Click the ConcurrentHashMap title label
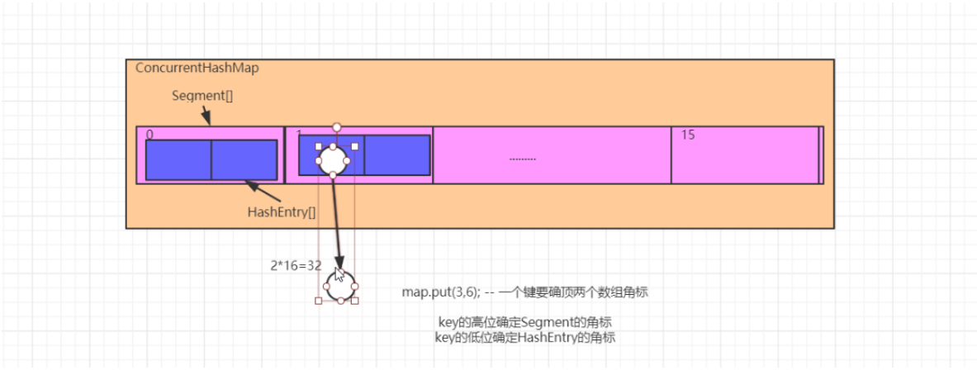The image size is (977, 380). click(197, 68)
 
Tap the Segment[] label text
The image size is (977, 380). click(202, 95)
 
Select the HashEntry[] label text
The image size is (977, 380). click(281, 211)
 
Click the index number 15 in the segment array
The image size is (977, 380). click(688, 135)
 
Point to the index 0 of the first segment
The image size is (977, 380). click(149, 135)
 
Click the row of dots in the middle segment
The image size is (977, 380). click(523, 158)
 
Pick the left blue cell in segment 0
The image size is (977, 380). click(178, 160)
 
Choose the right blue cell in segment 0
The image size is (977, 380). click(244, 160)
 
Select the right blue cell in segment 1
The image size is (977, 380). click(397, 155)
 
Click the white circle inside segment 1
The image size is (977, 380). click(332, 159)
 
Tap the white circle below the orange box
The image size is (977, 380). click(339, 286)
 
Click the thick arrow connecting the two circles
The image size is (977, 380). click(336, 219)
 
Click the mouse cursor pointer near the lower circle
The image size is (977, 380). click(339, 275)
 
